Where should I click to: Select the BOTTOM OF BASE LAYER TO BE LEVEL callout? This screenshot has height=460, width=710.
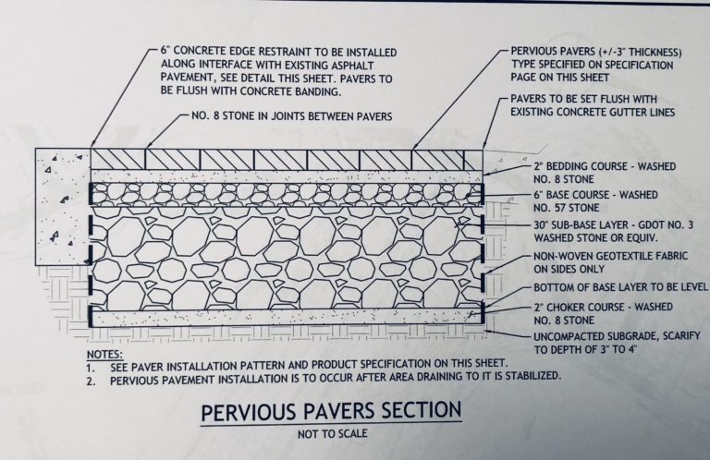pyautogui.click(x=611, y=287)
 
